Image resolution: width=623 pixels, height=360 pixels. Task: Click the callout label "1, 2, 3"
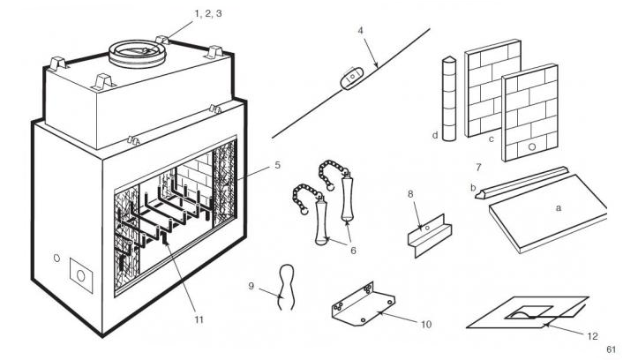207,14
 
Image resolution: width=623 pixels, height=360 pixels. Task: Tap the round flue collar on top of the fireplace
137,54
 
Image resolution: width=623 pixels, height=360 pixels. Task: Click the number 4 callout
360,31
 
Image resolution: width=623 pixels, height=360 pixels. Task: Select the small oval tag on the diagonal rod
351,79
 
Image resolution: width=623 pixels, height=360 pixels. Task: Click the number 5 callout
278,165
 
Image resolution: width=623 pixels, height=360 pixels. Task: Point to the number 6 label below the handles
353,251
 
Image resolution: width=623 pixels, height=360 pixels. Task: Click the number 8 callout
410,194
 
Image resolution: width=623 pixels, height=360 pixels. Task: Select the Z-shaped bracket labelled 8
430,236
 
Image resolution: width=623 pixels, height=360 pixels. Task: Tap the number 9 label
251,286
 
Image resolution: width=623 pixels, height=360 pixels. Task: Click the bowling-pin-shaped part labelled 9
285,287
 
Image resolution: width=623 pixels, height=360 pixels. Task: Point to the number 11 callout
199,319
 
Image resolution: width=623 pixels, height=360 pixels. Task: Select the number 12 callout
592,336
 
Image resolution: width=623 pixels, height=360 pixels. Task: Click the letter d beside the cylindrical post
435,136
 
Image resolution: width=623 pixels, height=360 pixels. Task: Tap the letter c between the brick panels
492,139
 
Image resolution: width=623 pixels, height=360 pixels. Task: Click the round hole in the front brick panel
531,146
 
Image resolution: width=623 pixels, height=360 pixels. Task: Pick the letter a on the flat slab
559,208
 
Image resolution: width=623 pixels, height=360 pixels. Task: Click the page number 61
611,349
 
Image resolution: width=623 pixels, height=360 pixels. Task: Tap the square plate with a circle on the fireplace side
81,275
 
